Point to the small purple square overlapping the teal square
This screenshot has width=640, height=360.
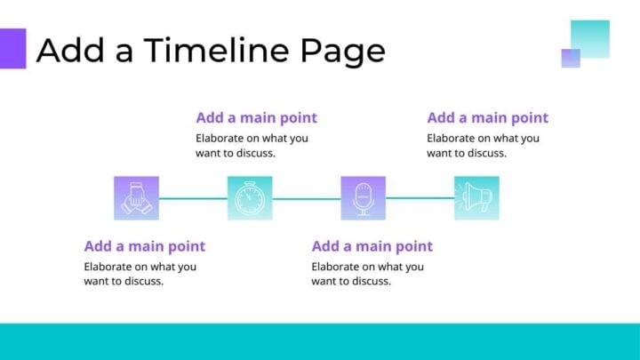pos(571,58)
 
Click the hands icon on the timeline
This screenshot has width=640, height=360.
pos(137,198)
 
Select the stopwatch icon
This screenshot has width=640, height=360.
pos(250,198)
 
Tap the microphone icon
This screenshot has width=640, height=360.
pos(363,198)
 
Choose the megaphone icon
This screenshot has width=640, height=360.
pos(476,198)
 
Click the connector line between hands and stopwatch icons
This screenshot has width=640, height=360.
pos(193,198)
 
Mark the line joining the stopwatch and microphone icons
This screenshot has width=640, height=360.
pos(307,198)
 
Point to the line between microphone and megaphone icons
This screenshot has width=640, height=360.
pos(420,198)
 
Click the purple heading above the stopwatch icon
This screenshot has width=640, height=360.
pos(256,117)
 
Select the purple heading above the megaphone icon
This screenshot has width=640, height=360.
pos(487,117)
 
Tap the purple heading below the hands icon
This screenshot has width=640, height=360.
pos(144,246)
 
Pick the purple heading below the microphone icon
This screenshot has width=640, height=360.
pos(372,246)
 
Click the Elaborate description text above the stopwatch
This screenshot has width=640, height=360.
pos(252,145)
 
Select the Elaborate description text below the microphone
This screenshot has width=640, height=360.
pos(367,274)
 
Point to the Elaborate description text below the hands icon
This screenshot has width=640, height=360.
pos(140,274)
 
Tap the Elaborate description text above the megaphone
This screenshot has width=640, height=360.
pos(483,145)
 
